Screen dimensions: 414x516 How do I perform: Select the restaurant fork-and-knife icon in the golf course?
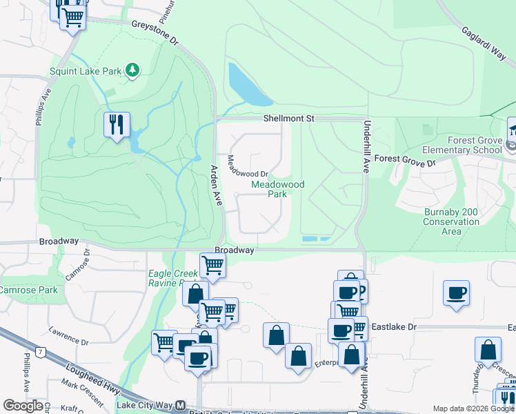(x=116, y=125)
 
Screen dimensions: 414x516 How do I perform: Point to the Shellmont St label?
(x=288, y=119)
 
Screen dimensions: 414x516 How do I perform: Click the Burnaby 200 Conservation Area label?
(x=451, y=221)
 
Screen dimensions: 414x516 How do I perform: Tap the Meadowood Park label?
(x=268, y=189)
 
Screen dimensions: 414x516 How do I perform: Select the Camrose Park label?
(x=28, y=290)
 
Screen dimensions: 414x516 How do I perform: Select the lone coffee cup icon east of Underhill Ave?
(x=456, y=293)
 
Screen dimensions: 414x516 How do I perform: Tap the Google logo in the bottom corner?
(x=23, y=405)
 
